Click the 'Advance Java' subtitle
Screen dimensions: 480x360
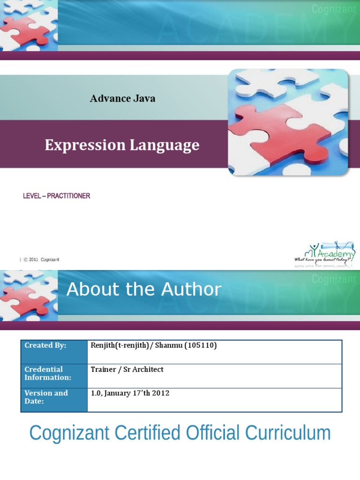(122, 98)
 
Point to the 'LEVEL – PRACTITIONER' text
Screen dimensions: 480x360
(56, 196)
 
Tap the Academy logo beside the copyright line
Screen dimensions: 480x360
(324, 254)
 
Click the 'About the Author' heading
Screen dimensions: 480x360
(143, 289)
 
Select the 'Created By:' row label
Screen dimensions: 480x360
(45, 345)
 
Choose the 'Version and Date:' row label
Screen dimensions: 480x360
(46, 397)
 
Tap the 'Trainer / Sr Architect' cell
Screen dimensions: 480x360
(127, 369)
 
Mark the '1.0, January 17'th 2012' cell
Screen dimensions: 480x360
(130, 393)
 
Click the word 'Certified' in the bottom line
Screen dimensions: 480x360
(154, 433)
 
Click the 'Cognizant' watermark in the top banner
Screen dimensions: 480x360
(334, 8)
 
